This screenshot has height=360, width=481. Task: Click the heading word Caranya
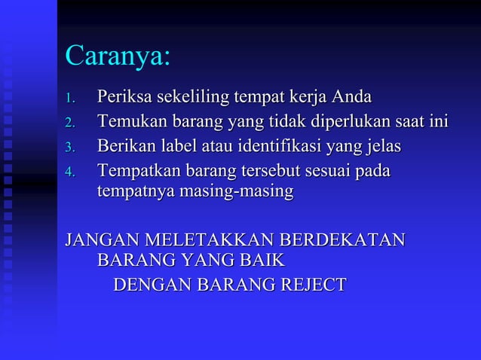[117, 57]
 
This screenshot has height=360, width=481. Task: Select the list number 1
[69, 99]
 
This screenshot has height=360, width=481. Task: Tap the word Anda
[350, 98]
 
